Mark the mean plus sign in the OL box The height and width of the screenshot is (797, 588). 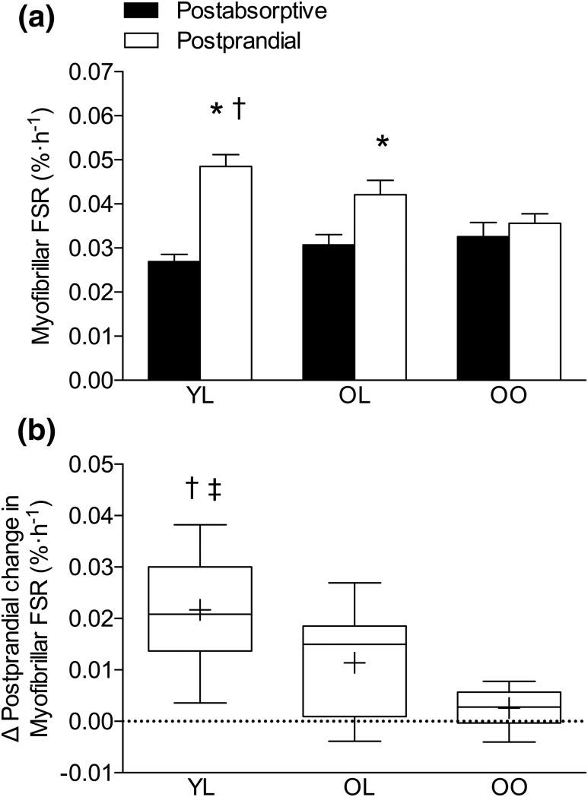354,663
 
